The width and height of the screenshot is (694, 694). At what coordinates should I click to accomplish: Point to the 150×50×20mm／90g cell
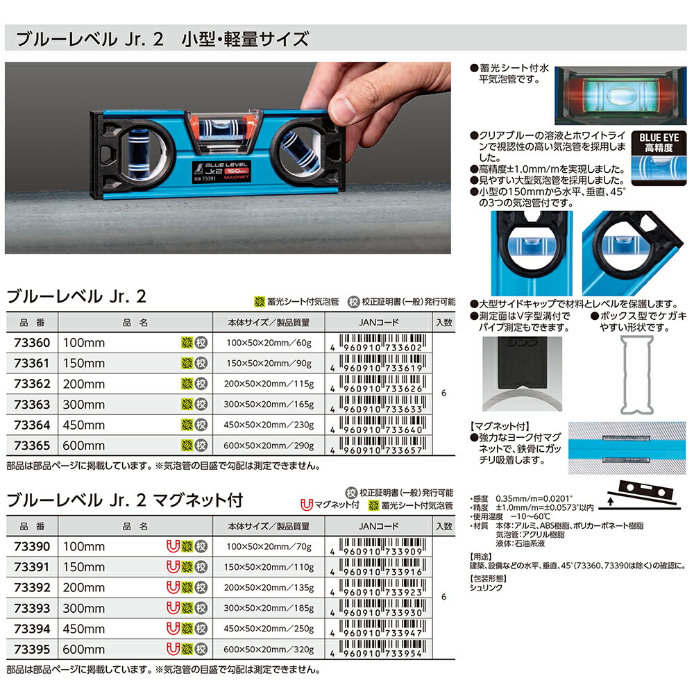point(269,363)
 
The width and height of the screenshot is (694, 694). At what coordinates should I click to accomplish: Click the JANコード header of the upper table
point(380,322)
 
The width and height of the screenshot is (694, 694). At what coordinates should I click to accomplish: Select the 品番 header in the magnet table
point(31,527)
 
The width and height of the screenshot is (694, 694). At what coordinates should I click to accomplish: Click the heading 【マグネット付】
point(495,424)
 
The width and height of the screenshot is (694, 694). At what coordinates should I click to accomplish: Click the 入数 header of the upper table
point(444,322)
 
